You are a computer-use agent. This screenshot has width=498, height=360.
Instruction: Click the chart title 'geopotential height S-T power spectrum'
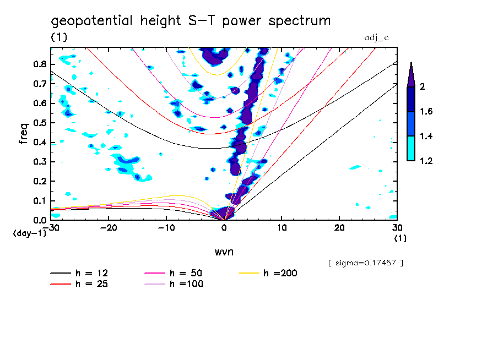click(191, 21)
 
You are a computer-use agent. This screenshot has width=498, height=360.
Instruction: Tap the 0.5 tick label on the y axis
click(39, 123)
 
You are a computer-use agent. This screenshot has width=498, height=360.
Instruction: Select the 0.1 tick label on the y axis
click(39, 201)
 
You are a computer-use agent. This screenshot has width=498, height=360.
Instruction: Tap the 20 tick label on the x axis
click(339, 227)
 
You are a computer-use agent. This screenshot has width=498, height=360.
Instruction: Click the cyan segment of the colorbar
click(411, 149)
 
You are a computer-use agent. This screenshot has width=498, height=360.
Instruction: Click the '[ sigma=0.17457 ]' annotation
click(365, 263)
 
